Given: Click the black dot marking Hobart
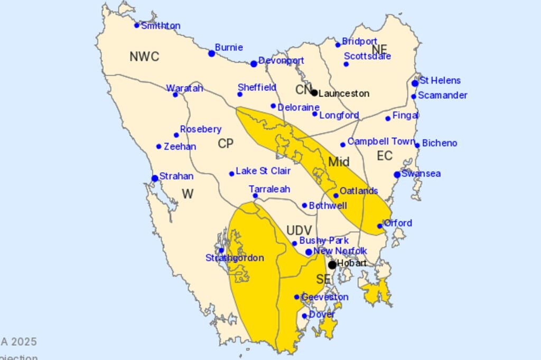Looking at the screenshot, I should click(332, 264).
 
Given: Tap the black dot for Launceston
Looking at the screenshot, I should click(314, 93).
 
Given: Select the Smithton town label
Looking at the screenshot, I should click(161, 26).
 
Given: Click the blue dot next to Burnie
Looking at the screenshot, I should click(212, 53).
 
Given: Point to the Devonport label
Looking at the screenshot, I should click(281, 61).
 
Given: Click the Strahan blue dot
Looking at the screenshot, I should click(155, 178).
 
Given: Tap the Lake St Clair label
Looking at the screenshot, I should click(263, 171).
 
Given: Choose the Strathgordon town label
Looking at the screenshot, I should click(235, 258).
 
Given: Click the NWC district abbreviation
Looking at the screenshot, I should click(144, 57).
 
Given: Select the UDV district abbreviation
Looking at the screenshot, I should click(299, 230).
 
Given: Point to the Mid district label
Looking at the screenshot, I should click(339, 162).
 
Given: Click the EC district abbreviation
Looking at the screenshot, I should click(385, 156).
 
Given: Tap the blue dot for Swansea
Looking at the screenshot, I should click(397, 175).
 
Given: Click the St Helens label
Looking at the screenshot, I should click(440, 81).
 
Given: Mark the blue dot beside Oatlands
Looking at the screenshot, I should click(336, 195).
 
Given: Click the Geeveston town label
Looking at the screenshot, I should click(324, 297).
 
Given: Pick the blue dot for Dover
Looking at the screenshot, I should click(304, 316).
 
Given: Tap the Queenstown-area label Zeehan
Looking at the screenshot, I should click(180, 147).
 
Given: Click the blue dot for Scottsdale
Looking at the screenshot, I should click(346, 64).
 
